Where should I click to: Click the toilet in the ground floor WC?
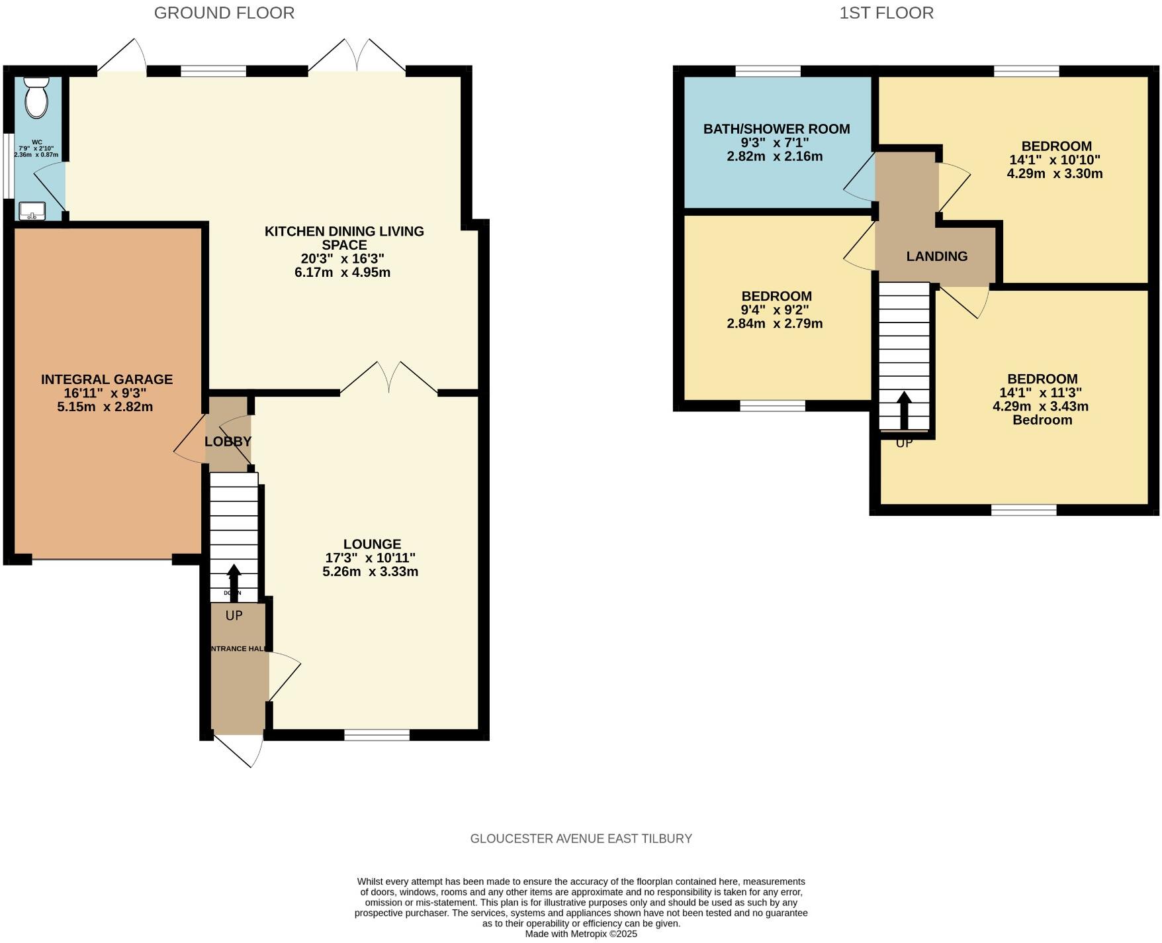point(36,98)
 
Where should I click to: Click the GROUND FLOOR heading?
point(224,13)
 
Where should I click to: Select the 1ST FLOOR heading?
point(886,13)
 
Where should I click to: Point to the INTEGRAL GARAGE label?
point(107,379)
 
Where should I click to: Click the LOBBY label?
point(228,441)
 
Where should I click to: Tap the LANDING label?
point(936,256)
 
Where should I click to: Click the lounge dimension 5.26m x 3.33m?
point(370,571)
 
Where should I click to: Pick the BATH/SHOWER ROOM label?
point(776,129)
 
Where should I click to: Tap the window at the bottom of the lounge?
point(377,734)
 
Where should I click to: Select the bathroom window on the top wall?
point(768,72)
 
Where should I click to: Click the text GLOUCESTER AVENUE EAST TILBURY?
point(580,838)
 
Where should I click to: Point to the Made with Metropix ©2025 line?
point(580,934)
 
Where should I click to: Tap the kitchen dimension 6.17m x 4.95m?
point(342,272)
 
